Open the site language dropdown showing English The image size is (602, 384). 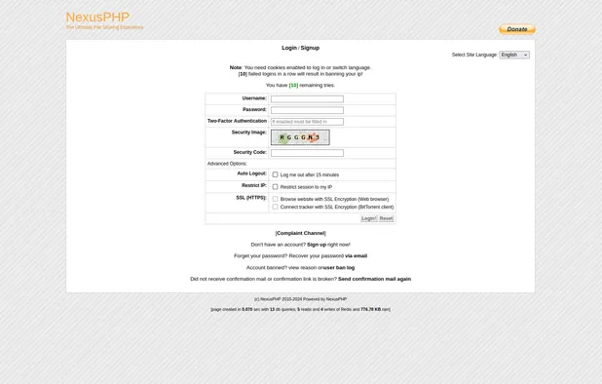tap(514, 55)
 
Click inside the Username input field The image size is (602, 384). tap(307, 98)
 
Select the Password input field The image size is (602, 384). tap(307, 110)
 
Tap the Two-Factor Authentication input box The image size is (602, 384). tap(307, 122)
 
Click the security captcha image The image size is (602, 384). tap(300, 137)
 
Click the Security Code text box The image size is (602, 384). tap(307, 153)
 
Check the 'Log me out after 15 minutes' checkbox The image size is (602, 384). tap(275, 174)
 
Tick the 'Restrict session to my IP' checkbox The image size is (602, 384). tap(275, 186)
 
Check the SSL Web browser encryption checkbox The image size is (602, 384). tap(275, 199)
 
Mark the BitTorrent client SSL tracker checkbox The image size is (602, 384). tap(275, 207)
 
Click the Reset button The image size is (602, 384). tap(386, 218)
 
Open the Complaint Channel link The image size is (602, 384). tap(301, 233)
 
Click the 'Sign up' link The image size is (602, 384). tap(317, 245)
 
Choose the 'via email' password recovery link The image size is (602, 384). tap(356, 256)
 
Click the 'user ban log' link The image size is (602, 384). tap(339, 268)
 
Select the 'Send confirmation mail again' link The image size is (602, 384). tap(374, 279)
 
